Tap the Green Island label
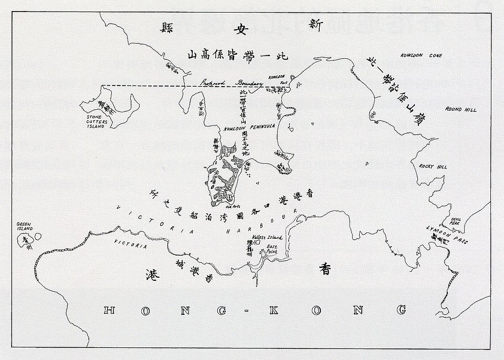(x=24, y=226)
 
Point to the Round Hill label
(x=461, y=110)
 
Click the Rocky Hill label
(x=433, y=166)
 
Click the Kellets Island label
(x=268, y=238)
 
